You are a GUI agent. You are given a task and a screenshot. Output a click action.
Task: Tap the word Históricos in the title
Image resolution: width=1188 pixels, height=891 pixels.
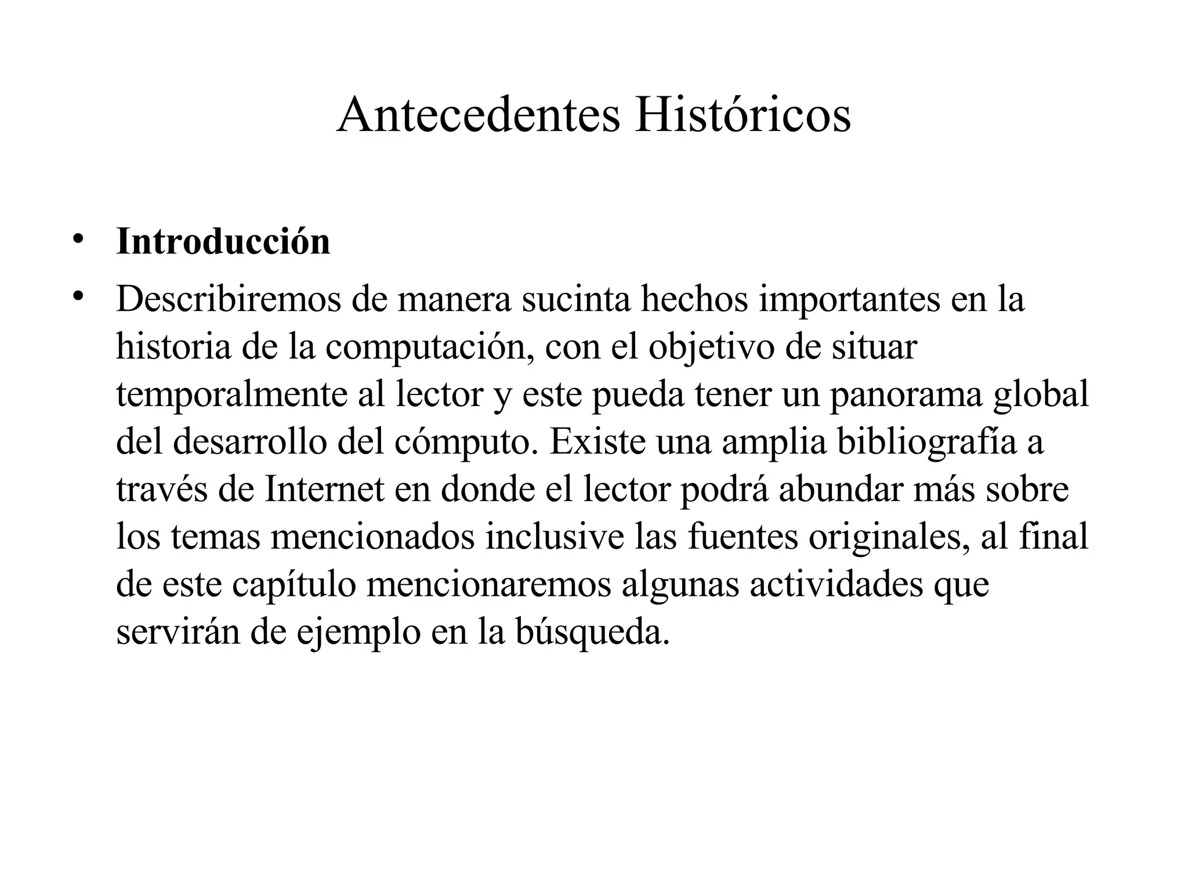click(x=742, y=115)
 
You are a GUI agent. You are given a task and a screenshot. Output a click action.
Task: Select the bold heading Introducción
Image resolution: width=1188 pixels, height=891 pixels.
click(x=223, y=241)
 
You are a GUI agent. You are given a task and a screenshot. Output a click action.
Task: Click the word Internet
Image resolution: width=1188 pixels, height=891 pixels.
click(x=325, y=490)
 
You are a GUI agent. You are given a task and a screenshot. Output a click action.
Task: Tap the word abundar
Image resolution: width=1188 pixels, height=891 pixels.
click(x=841, y=490)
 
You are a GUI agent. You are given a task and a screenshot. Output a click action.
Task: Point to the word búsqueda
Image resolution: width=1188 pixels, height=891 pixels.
click(x=592, y=632)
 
